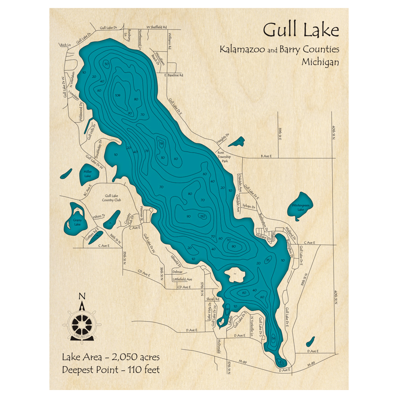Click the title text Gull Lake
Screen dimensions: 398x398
(x=301, y=30)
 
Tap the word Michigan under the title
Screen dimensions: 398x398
(x=320, y=62)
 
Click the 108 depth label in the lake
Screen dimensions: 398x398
(x=117, y=95)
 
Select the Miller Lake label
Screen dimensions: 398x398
(x=88, y=174)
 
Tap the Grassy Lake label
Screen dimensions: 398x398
(x=77, y=222)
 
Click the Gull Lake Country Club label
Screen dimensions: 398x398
(x=113, y=198)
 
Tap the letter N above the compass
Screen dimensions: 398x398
(x=82, y=296)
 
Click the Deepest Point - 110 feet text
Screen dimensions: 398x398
(x=111, y=370)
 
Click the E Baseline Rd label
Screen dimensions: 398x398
(x=174, y=75)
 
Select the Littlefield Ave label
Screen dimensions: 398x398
(x=182, y=279)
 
